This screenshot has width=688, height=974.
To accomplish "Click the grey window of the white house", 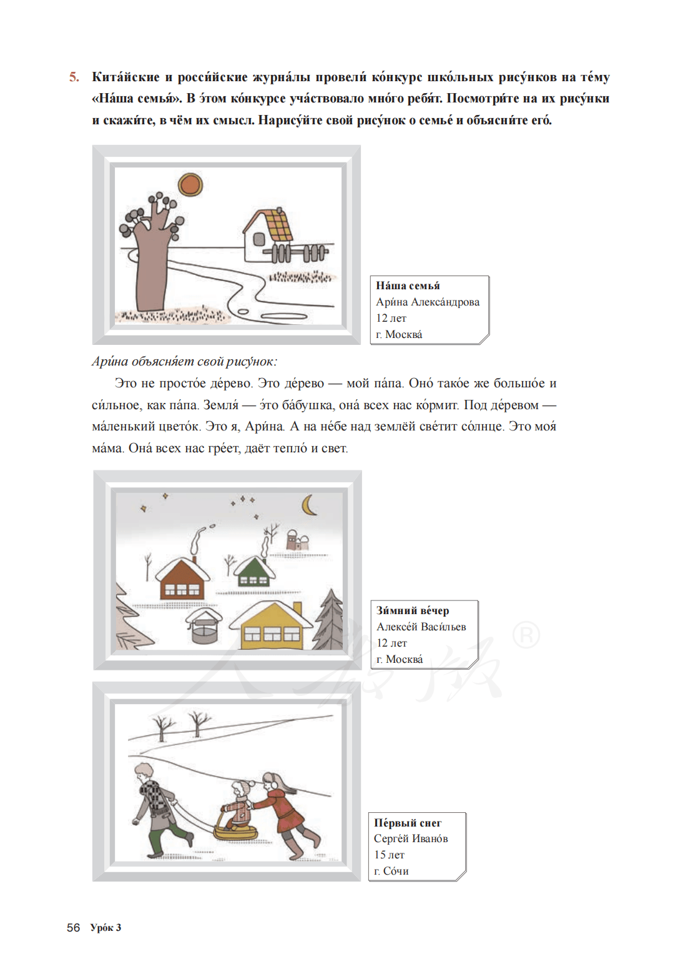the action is click(258, 238).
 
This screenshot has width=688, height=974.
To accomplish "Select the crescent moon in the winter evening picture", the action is click(309, 505).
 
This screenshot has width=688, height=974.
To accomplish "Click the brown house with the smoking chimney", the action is click(182, 579).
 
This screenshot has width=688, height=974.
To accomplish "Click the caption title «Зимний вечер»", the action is click(413, 610).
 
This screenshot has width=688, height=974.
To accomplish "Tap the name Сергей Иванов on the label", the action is click(411, 838).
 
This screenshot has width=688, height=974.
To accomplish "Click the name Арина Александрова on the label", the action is click(428, 302).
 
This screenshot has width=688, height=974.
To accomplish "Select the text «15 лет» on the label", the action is click(389, 855).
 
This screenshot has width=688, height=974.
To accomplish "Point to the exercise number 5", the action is click(74, 77).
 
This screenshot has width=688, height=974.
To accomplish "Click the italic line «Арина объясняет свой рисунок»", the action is click(184, 361).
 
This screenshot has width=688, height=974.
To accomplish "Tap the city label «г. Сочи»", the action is click(391, 871).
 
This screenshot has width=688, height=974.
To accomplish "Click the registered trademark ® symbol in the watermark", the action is click(526, 636).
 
